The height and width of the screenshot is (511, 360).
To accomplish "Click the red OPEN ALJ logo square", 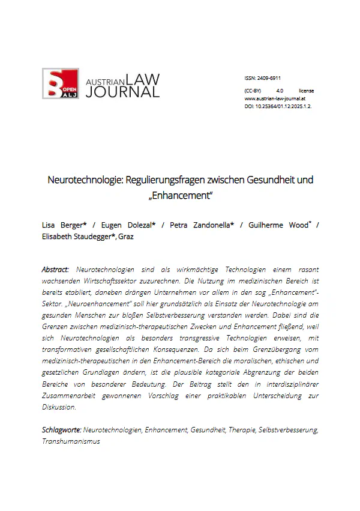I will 60,84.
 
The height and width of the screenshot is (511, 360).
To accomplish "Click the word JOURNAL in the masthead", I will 122,91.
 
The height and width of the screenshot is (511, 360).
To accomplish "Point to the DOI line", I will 278,106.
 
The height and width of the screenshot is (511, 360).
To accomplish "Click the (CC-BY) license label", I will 253,90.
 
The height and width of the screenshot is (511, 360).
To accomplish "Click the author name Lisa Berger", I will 63,225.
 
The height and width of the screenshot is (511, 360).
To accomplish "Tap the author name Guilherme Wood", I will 276,225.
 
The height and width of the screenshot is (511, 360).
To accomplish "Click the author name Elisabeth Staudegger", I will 77,237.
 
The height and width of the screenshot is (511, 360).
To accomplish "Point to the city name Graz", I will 125,237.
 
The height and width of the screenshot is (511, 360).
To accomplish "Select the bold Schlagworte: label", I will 61,430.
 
